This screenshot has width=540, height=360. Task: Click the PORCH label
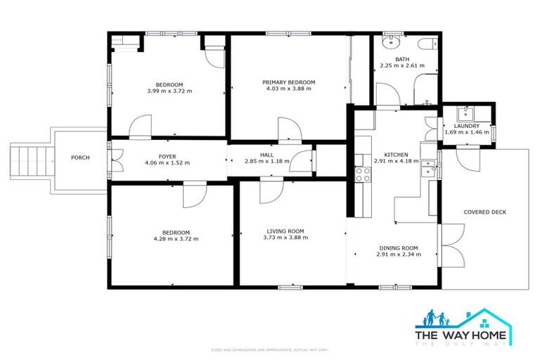(80, 157)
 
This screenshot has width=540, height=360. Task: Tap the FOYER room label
(167, 156)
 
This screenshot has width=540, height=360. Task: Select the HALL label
(266, 155)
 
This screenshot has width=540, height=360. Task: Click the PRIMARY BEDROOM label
(289, 82)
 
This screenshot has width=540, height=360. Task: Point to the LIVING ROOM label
(285, 231)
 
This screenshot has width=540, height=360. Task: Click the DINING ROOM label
(399, 247)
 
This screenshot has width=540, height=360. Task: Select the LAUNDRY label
(466, 126)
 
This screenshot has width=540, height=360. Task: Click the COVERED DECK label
(485, 212)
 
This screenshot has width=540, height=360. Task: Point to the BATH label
(401, 60)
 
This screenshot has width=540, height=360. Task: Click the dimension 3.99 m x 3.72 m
(169, 91)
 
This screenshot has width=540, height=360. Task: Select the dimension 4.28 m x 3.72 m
(176, 239)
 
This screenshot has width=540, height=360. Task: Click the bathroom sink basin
(389, 42)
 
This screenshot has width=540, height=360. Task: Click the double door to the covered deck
(443, 246)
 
